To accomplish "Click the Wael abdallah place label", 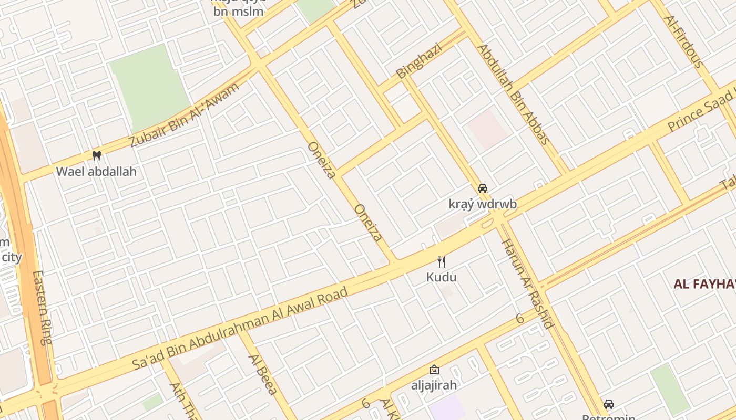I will pos(96,171).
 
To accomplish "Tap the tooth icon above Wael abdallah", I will pos(96,155).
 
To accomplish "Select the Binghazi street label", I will pos(419,61).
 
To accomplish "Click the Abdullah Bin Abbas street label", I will pos(513,94).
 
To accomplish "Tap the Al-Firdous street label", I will pos(683,42).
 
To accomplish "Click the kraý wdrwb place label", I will pos(483,204).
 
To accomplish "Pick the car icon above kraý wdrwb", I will pos(482,188).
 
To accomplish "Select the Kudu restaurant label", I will pos(442,277).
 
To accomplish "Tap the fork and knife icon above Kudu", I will pos(442,261).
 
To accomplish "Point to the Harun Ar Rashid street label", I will pos(527,283).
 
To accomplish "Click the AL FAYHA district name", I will pos(704,285).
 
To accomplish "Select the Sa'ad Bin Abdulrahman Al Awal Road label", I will pos(240,328).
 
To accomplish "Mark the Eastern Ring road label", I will pos(42,307).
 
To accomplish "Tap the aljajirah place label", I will pos(434,385).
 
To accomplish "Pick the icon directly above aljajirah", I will pos(434,370).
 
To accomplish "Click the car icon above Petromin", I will pos(608,404).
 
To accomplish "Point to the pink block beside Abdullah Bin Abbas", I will pos(488,129).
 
